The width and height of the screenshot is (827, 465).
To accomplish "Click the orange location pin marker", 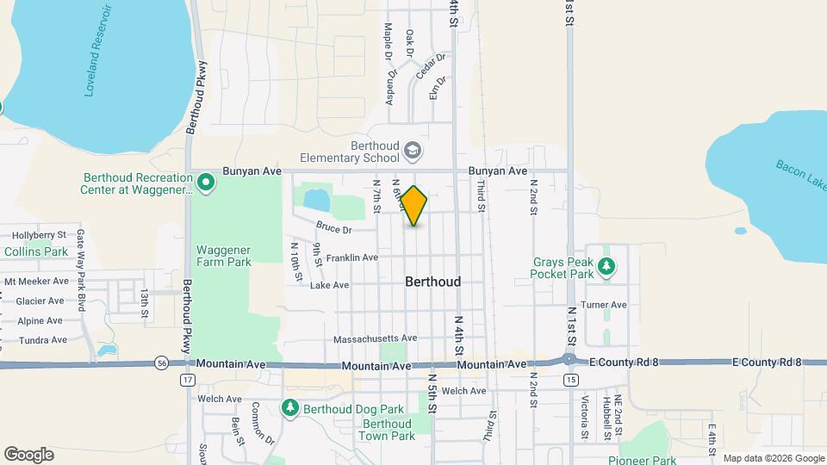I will (414, 206).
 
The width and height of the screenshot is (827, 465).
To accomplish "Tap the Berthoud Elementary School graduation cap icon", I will (413, 152).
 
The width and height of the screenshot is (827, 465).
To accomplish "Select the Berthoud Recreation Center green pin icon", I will (206, 182).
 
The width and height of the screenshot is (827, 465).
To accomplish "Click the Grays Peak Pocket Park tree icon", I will (607, 266).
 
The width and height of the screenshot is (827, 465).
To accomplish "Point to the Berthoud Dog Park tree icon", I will (291, 407).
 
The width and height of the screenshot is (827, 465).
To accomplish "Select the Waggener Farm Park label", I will (223, 255).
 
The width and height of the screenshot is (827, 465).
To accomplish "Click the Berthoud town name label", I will (432, 282).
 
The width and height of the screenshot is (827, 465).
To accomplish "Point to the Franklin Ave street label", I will (352, 257).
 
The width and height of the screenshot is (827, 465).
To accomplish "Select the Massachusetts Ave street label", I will (376, 338).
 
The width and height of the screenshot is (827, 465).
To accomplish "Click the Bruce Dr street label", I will (333, 229).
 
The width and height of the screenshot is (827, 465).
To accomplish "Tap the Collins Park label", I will (35, 251).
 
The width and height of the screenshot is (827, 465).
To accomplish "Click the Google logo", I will (28, 455).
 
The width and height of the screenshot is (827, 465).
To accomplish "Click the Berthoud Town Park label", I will (387, 430).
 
